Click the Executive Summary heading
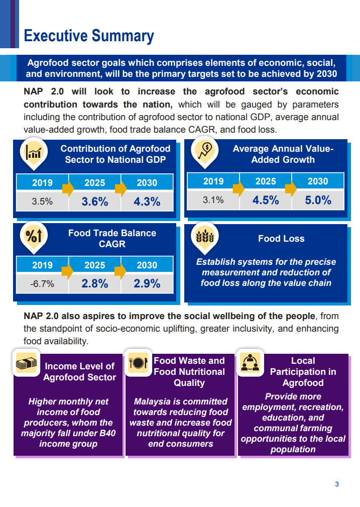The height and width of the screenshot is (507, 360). [x=89, y=36]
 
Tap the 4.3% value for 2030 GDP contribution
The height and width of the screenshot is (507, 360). [x=147, y=201]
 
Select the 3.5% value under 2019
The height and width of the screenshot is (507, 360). [x=42, y=201]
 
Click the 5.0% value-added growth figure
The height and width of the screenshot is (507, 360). [x=318, y=200]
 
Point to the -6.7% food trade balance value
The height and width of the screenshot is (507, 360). [x=42, y=284]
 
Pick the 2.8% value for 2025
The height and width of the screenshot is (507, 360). [x=95, y=283]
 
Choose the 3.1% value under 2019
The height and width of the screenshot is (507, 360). [x=213, y=200]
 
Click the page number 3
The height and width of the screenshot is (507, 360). [x=337, y=484]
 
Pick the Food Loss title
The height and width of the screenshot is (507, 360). [x=281, y=239]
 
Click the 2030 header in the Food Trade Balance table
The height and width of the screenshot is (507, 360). [x=147, y=265]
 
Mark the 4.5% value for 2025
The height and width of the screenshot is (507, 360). [x=266, y=200]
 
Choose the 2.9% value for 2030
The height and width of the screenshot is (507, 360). [x=147, y=283]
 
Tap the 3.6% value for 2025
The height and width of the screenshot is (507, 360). [x=95, y=201]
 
